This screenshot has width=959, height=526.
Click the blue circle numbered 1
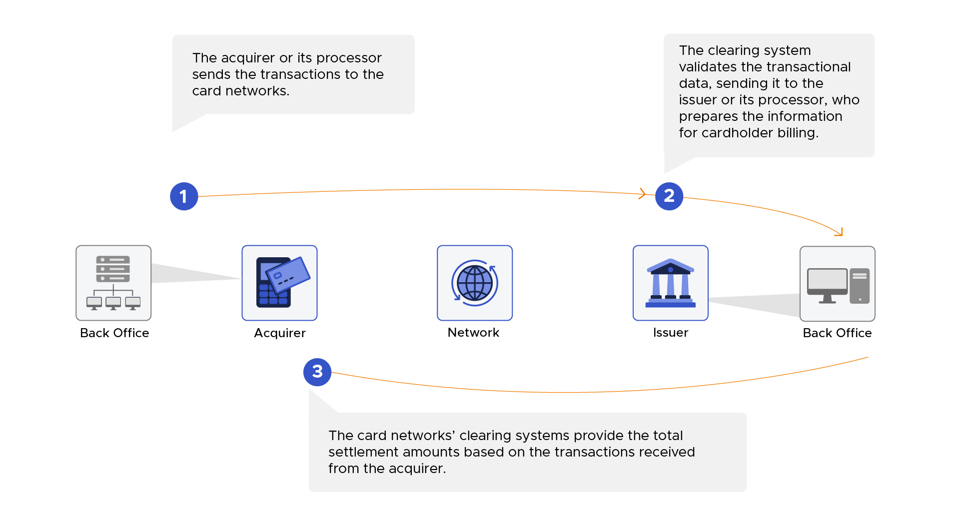[x=184, y=196]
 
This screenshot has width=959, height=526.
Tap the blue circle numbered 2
[x=669, y=196]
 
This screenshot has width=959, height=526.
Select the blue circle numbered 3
[x=317, y=372]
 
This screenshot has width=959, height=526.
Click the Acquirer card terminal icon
[x=279, y=283]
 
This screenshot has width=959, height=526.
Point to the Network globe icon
[x=474, y=283]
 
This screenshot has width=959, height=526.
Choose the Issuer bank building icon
[x=670, y=283]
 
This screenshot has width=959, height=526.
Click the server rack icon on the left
[x=113, y=283]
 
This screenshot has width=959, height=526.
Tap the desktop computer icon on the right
[x=837, y=284]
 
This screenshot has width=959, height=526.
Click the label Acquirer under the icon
[x=279, y=333]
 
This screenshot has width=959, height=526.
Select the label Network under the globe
[x=473, y=333]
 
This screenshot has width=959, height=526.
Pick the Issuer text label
[x=670, y=333]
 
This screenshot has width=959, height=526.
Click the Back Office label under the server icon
[x=114, y=333]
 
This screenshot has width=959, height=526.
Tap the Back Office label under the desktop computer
[x=837, y=333]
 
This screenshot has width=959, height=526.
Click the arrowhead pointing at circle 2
[x=643, y=194]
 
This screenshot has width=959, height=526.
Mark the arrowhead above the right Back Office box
[x=840, y=233]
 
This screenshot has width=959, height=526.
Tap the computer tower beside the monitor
[x=860, y=286]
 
